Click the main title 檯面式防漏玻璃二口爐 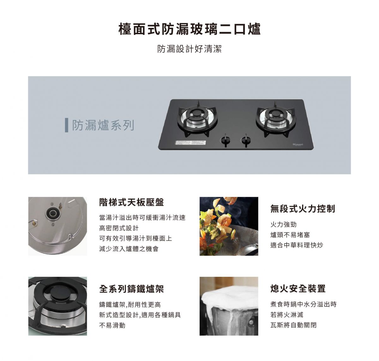(189, 29)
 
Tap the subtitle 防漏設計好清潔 (189, 49)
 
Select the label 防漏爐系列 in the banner (103, 125)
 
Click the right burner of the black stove (275, 118)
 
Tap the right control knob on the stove (246, 140)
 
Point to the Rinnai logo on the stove (298, 144)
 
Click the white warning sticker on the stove (190, 143)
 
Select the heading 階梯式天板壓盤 (131, 202)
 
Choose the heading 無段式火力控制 (303, 209)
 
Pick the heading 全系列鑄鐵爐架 (131, 289)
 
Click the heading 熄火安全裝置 (298, 289)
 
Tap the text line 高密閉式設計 (119, 228)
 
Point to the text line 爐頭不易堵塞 (290, 235)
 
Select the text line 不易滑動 (112, 326)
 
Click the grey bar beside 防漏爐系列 (67, 125)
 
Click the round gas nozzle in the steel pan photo (52, 213)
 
